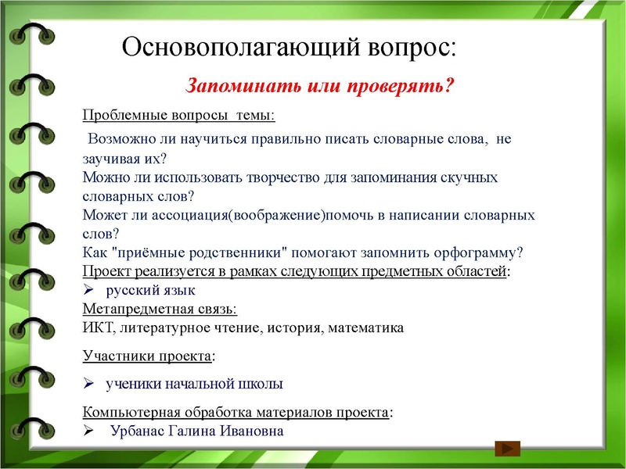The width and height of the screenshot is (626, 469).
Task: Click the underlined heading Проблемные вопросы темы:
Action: [x=178, y=116]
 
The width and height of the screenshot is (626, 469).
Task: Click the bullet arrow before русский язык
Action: [x=88, y=290]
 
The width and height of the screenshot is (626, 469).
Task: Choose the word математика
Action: [x=367, y=328]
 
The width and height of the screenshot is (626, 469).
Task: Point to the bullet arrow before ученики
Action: [x=88, y=384]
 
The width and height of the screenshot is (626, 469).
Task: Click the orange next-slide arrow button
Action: [x=508, y=449]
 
